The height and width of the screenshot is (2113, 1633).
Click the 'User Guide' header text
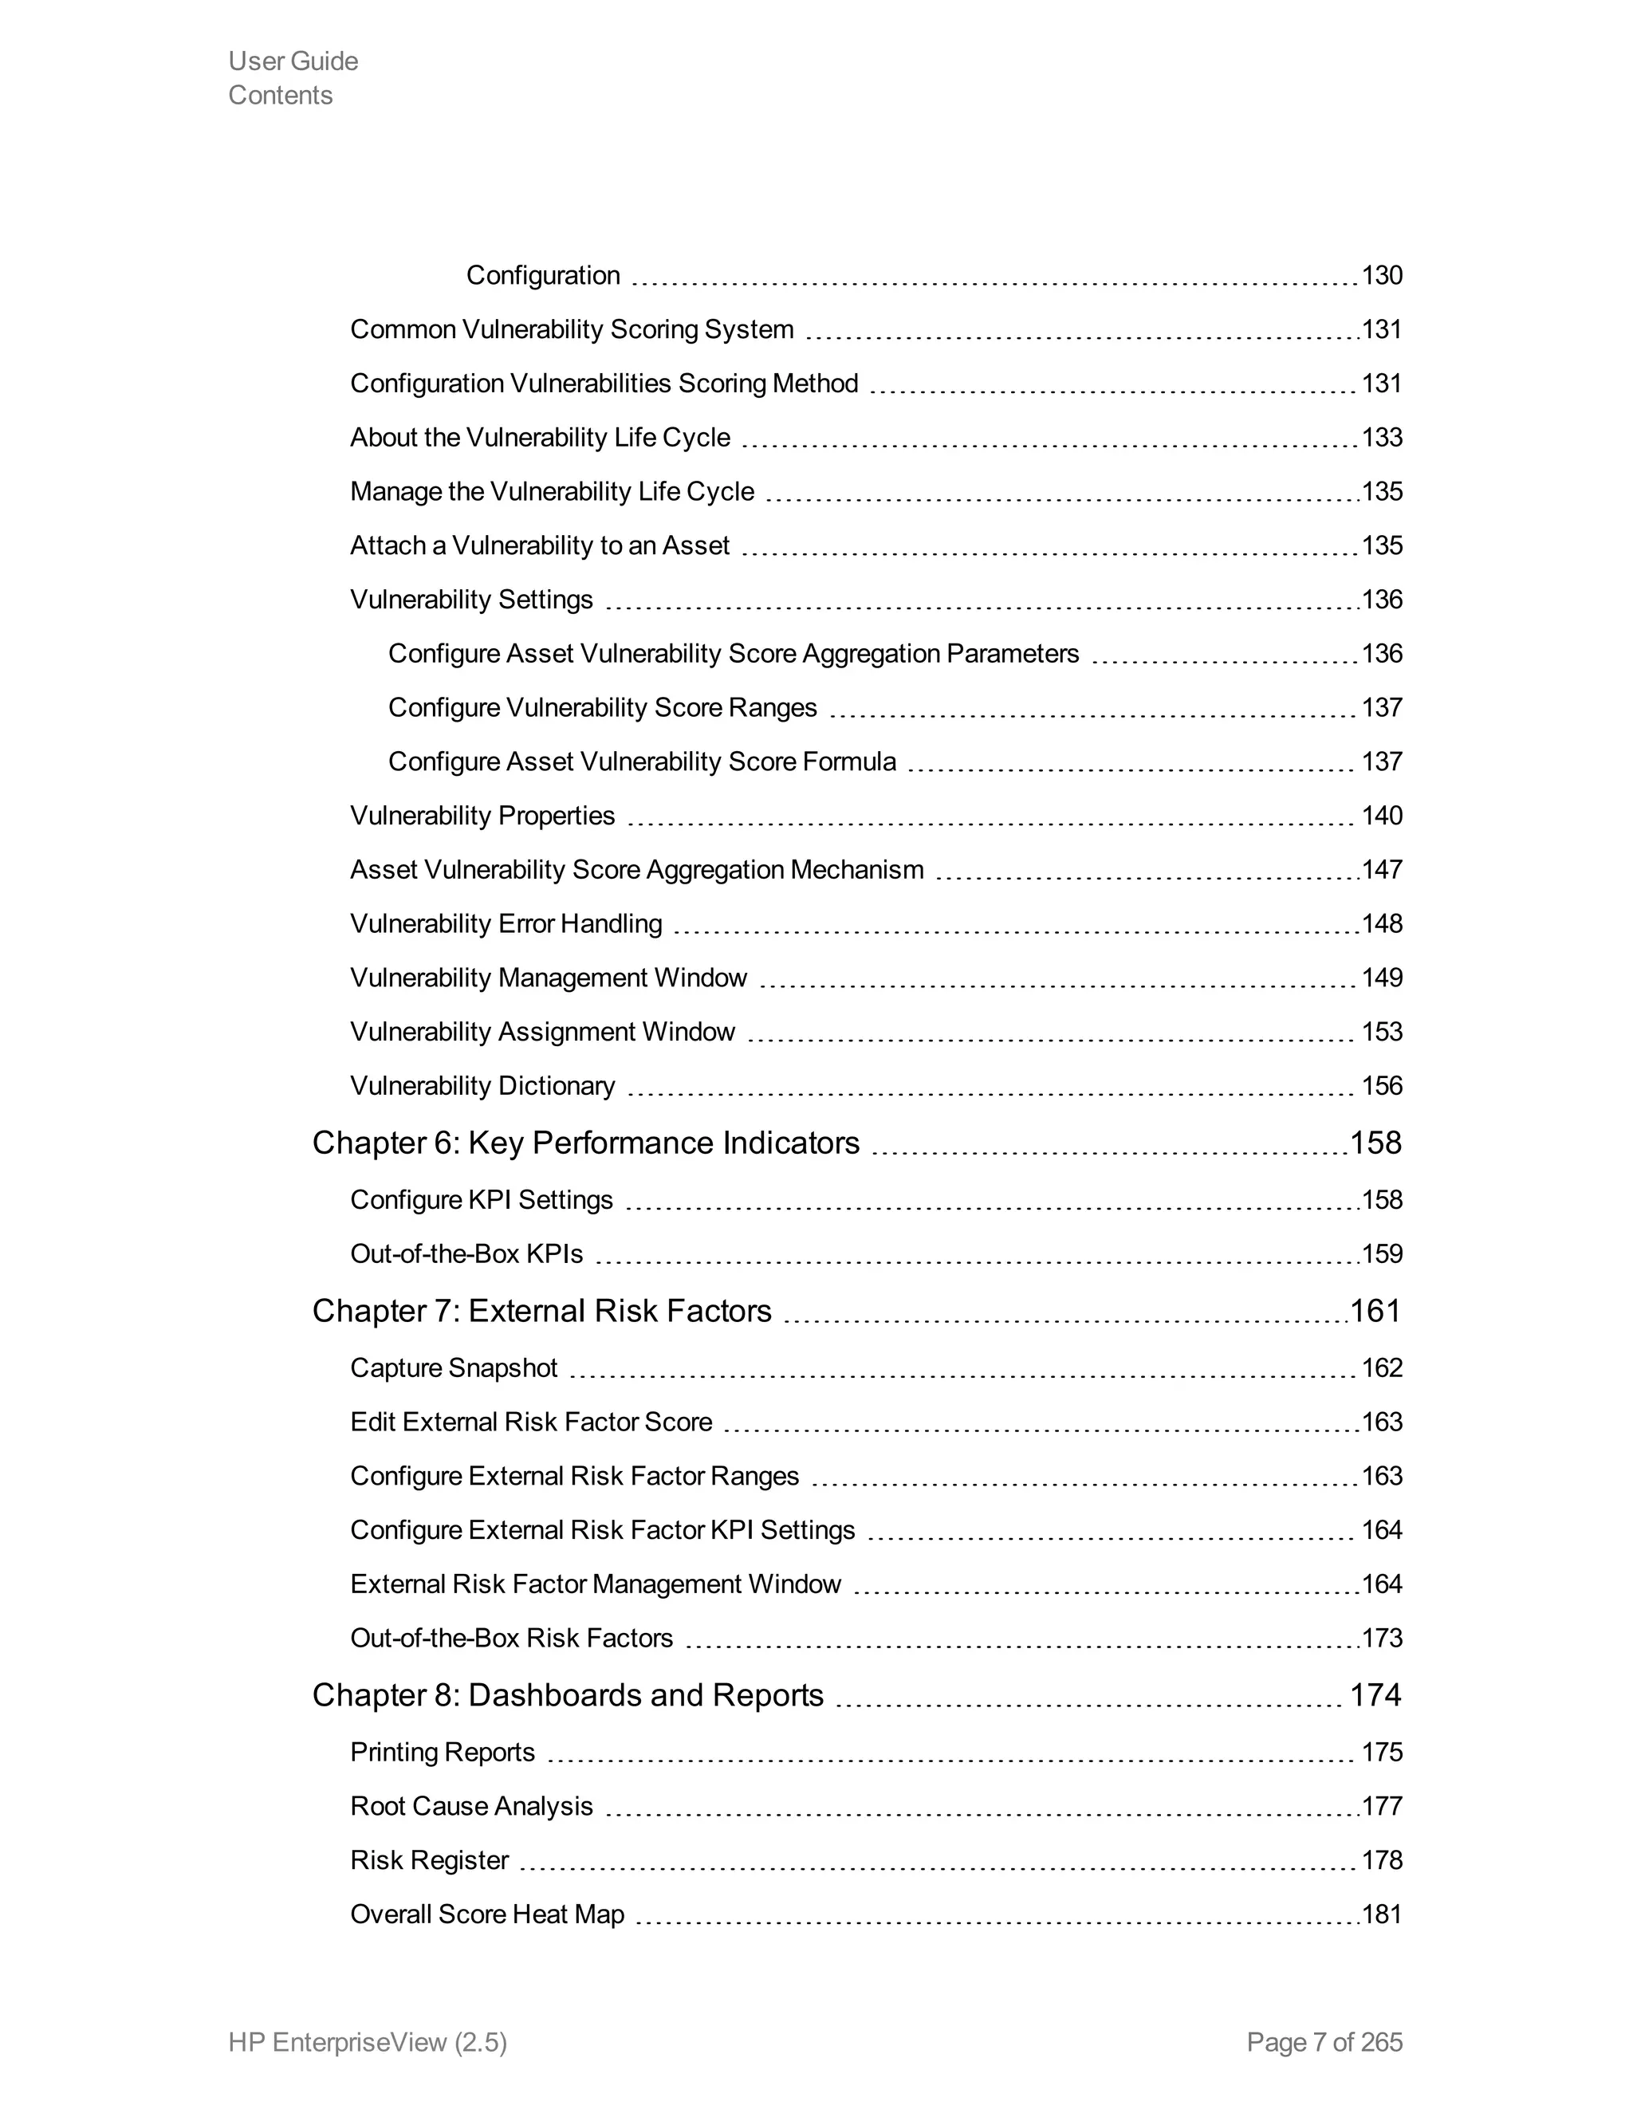pyautogui.click(x=293, y=61)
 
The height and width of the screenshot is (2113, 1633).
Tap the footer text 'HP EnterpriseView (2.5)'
pyautogui.click(x=368, y=2041)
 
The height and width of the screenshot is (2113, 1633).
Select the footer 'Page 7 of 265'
pyautogui.click(x=1324, y=2041)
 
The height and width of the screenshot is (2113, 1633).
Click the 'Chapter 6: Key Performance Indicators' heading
pyautogui.click(x=585, y=1143)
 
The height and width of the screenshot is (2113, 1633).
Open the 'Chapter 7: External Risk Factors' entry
pyautogui.click(x=541, y=1311)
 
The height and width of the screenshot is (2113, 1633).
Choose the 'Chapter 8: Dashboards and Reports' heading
pyautogui.click(x=568, y=1695)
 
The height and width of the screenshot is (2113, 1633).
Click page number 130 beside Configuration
pyautogui.click(x=1382, y=276)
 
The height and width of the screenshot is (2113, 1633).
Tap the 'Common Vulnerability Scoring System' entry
pyautogui.click(x=572, y=330)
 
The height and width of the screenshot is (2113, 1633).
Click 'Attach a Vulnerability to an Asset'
pyautogui.click(x=540, y=545)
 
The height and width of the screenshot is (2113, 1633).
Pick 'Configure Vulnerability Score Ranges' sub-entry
pyautogui.click(x=603, y=708)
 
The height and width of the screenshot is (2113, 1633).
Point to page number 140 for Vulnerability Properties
pyautogui.click(x=1382, y=816)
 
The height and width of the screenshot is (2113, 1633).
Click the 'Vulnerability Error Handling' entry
pyautogui.click(x=506, y=924)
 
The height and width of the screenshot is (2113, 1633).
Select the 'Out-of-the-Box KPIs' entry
pyautogui.click(x=466, y=1254)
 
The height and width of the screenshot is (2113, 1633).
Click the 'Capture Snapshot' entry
pyautogui.click(x=454, y=1368)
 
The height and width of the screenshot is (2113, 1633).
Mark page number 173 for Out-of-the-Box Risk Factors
pyautogui.click(x=1382, y=1638)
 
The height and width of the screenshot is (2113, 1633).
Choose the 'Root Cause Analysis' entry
pyautogui.click(x=471, y=1806)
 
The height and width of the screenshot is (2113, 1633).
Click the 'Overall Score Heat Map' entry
pyautogui.click(x=487, y=1914)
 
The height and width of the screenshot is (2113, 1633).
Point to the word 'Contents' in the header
pyautogui.click(x=281, y=95)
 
